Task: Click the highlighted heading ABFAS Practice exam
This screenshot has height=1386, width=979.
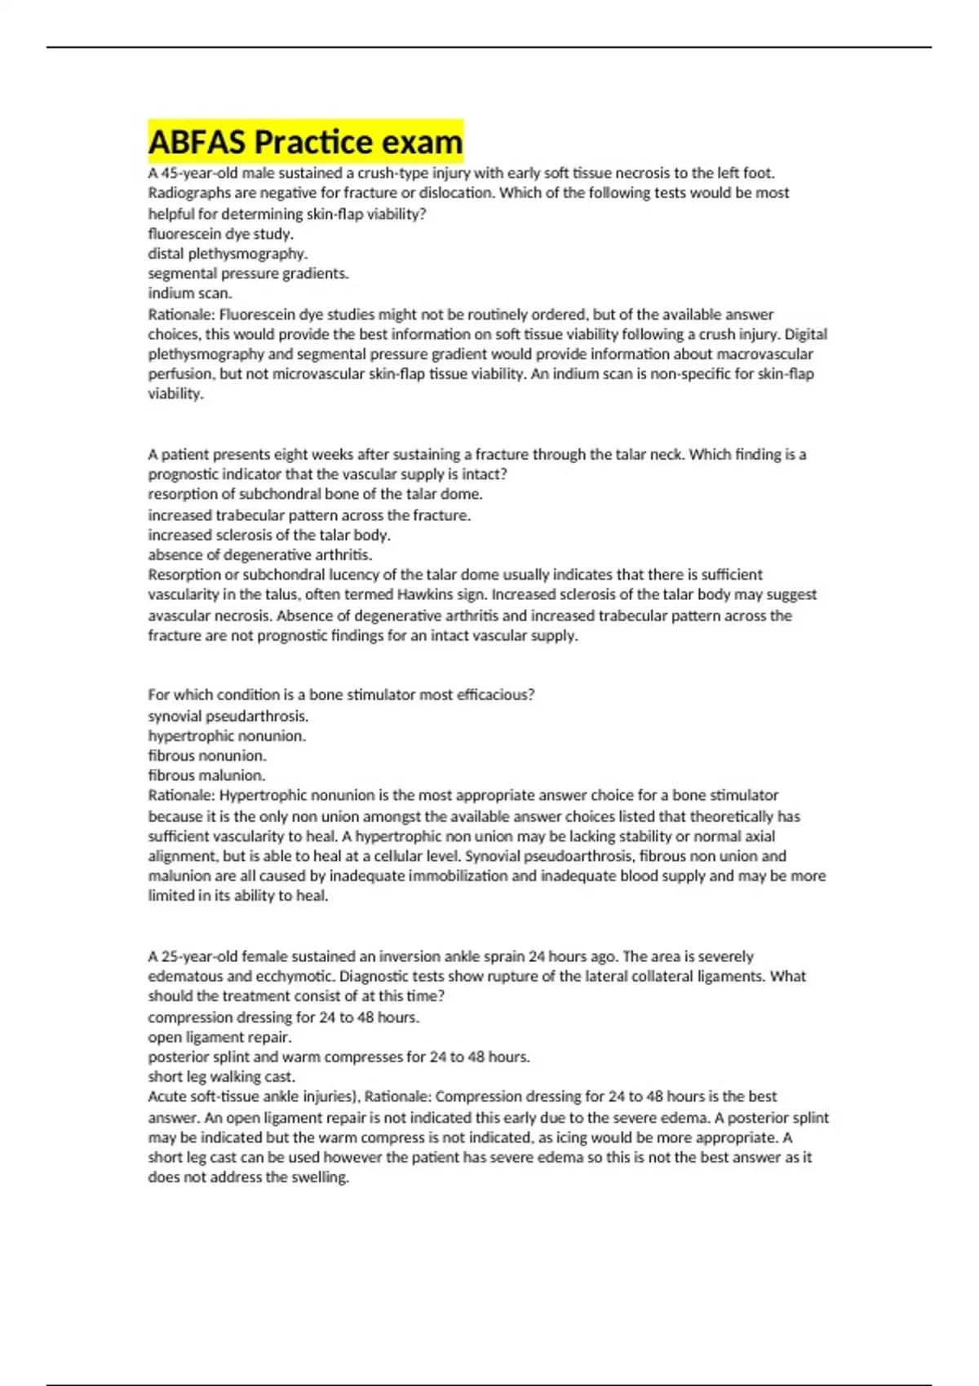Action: click(305, 142)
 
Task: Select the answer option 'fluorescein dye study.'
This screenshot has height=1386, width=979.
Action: click(220, 234)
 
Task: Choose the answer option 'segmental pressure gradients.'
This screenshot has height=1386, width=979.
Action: click(248, 273)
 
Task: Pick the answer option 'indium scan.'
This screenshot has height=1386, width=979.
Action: click(190, 293)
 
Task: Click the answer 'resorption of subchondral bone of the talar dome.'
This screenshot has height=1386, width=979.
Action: click(315, 494)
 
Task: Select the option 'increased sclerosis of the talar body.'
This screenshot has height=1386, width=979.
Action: click(269, 535)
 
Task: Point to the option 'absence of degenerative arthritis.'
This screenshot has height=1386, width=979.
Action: click(259, 554)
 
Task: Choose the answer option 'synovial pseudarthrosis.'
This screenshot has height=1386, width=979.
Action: click(228, 716)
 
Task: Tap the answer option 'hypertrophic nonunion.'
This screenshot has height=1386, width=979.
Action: click(227, 735)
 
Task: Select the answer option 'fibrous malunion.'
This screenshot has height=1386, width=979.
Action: click(206, 775)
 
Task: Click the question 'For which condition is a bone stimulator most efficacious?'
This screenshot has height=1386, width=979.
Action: click(341, 695)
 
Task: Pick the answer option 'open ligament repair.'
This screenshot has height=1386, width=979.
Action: click(219, 1037)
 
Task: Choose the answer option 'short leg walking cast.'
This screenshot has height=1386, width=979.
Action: click(221, 1076)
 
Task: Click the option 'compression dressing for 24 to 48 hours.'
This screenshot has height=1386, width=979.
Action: click(283, 1017)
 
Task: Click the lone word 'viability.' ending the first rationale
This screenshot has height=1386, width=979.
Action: click(175, 394)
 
